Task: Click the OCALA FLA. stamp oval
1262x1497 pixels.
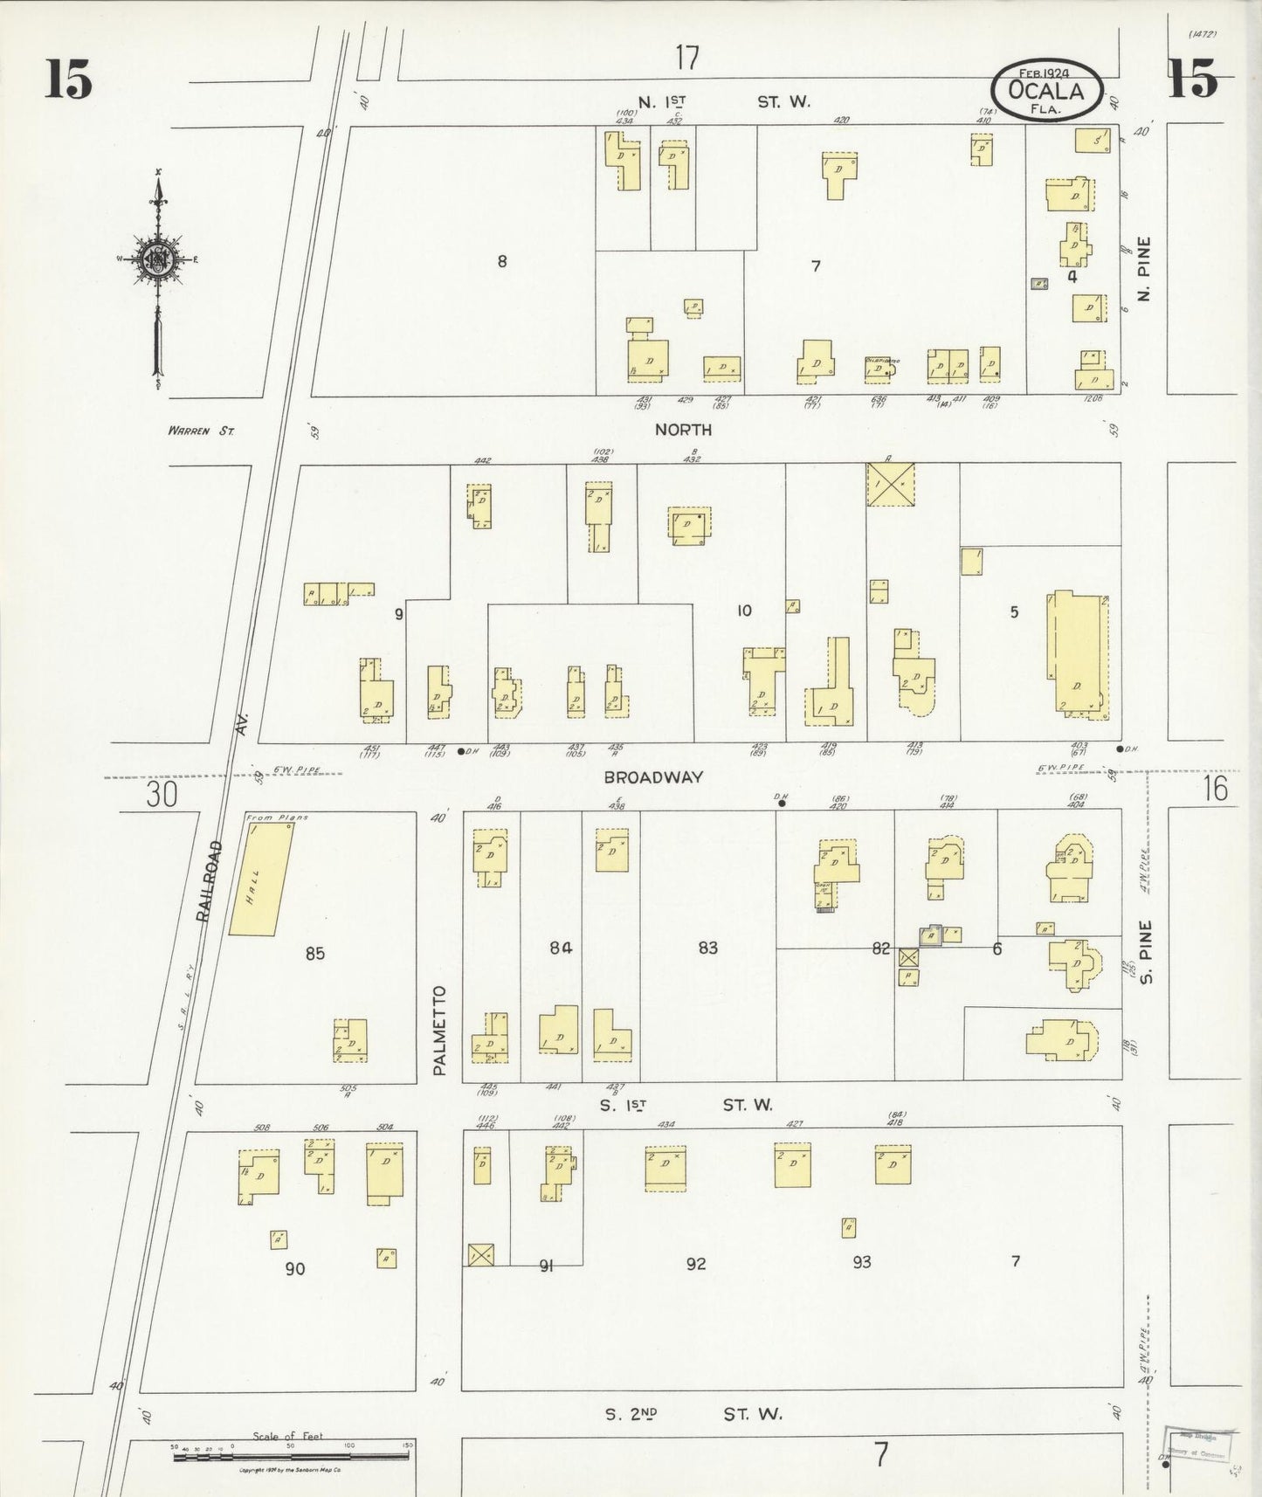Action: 1046,91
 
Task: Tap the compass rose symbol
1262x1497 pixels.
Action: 158,260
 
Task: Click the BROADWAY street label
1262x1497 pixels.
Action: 652,777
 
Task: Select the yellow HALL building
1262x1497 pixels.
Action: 260,878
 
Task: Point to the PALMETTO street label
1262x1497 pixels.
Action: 439,1030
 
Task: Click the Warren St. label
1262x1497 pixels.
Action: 203,430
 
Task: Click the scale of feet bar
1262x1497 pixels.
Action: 291,1458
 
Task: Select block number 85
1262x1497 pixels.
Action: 314,953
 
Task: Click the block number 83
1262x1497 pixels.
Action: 707,948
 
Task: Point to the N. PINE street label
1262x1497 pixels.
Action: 1145,269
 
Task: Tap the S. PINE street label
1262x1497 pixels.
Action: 1147,952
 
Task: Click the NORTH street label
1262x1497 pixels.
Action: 683,430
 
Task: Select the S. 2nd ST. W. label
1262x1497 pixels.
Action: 693,1413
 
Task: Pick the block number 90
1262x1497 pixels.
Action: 295,1268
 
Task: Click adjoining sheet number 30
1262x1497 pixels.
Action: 162,795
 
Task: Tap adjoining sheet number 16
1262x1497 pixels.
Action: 1214,789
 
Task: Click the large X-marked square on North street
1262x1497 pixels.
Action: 890,484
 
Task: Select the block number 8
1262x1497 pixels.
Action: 501,260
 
